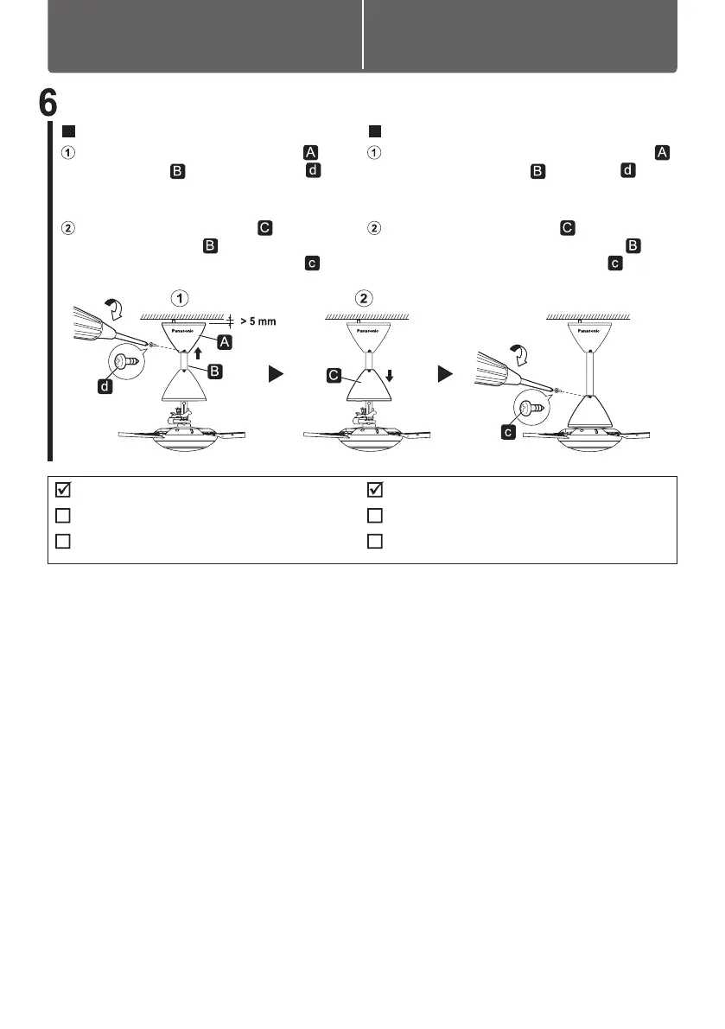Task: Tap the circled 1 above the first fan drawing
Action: click(179, 299)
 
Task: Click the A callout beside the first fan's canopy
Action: click(224, 342)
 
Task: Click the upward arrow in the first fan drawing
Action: click(200, 353)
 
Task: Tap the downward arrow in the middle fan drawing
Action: click(390, 376)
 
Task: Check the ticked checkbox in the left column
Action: click(62, 490)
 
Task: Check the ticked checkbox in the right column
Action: click(375, 490)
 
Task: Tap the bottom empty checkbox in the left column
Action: click(62, 542)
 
